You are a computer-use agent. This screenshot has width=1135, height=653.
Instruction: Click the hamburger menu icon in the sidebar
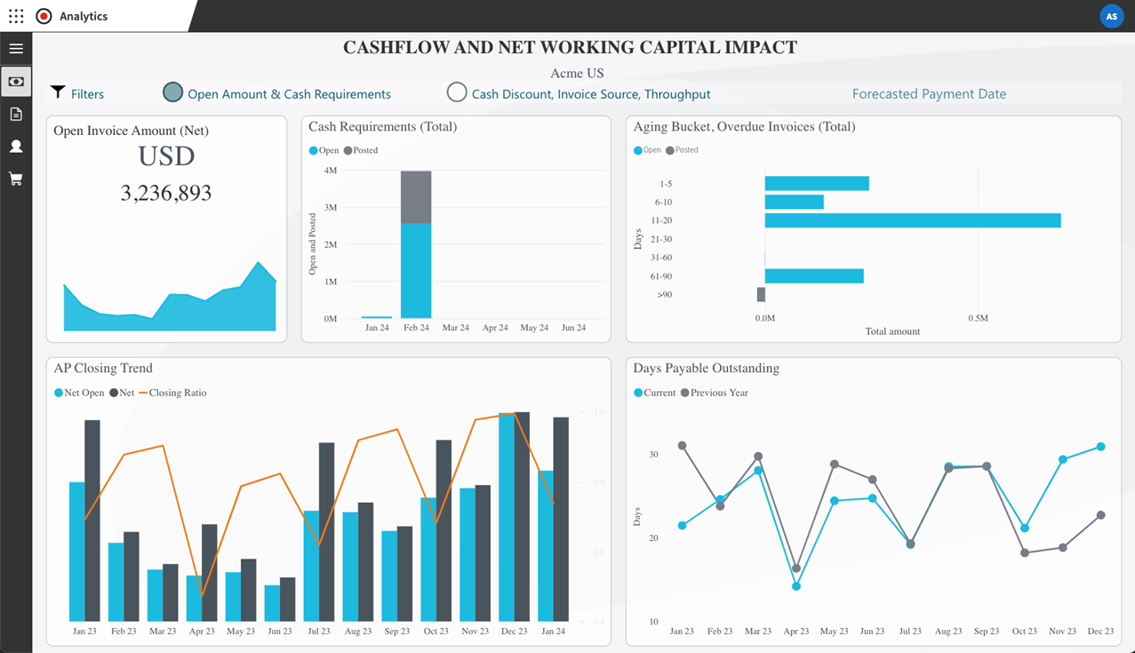point(16,49)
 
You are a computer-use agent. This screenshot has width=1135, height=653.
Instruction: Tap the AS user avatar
point(1111,16)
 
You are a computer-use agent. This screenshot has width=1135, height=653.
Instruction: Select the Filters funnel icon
point(58,92)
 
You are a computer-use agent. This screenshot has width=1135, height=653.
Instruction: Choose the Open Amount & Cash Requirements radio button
point(173,92)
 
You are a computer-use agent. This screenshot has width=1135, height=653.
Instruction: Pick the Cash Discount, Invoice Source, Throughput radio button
point(457,92)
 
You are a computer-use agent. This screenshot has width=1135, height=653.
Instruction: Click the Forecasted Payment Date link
point(929,93)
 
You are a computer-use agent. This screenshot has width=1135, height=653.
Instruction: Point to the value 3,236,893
point(166,193)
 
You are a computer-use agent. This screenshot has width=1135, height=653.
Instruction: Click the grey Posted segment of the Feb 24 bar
point(416,196)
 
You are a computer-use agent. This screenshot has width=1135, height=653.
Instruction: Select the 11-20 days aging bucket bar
point(912,220)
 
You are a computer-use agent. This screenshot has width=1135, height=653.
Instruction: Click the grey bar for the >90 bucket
point(761,294)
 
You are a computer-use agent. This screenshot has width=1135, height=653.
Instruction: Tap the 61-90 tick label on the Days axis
point(661,276)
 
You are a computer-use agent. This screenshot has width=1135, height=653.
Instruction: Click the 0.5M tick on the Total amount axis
point(978,317)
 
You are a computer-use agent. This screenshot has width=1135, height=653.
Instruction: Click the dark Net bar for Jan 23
point(92,520)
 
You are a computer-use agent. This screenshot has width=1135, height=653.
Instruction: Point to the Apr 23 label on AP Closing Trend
point(202,631)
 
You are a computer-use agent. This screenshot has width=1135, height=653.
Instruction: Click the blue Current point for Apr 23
point(796,586)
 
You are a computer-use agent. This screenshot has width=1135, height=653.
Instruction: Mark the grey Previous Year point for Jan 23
point(682,445)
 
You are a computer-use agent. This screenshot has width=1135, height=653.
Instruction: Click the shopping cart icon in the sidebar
point(16,179)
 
